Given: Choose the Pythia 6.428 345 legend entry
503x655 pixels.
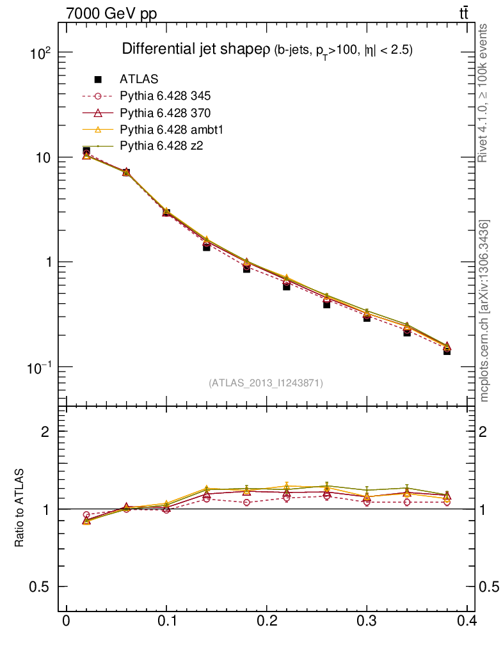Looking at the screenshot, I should [165, 97].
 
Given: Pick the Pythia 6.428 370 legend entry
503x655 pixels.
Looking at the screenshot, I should [165, 113].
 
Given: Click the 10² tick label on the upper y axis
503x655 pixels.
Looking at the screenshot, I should [40, 54].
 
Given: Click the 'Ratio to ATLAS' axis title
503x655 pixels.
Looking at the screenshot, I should [20, 509].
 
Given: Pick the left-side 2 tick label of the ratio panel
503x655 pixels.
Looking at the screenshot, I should [45, 432].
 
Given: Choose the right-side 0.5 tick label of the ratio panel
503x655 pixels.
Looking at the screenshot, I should [491, 587].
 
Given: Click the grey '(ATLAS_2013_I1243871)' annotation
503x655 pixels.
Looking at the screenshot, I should [266, 383].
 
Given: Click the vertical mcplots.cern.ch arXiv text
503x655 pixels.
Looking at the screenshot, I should [484, 310].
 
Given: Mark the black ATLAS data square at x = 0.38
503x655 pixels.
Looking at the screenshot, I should [447, 351].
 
